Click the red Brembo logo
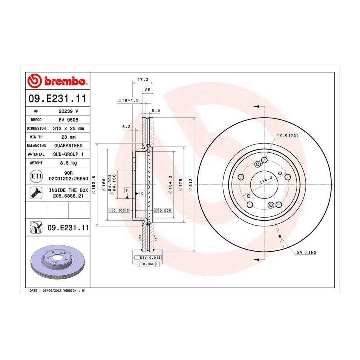click(x=57, y=80)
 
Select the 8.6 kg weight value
click(x=68, y=163)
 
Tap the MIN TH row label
click(x=36, y=137)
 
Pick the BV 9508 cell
click(x=68, y=120)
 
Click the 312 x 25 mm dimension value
click(x=68, y=128)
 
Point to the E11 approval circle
click(x=36, y=176)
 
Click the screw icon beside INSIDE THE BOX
click(x=36, y=193)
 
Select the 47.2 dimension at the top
click(x=143, y=80)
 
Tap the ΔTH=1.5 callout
click(x=128, y=100)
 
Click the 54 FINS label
click(x=306, y=252)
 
